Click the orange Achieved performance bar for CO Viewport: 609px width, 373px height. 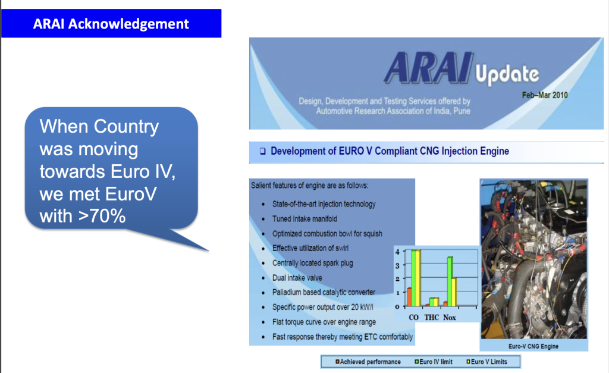coord(409,297)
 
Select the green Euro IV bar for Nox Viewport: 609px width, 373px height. coord(450,282)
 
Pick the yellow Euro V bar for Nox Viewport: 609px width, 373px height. coord(454,292)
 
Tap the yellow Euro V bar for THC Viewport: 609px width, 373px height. coord(436,302)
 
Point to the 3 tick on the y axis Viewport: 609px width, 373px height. coord(397,266)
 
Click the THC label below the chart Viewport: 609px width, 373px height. coord(432,318)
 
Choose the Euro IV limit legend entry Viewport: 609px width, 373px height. coord(434,362)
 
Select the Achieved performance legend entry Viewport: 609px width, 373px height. coord(368,362)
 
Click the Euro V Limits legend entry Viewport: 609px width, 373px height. coord(486,362)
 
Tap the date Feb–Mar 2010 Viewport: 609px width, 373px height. coord(545,95)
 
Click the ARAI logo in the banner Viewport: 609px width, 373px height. coord(429,68)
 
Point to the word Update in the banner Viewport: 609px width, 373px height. coord(507,74)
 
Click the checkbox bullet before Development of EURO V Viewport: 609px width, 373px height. coord(263,151)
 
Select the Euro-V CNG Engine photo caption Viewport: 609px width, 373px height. coord(533,346)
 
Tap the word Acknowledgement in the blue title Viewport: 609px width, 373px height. coord(128,24)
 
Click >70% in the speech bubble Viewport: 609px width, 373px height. coord(102,216)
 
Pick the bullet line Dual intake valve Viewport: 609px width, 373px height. coord(297,278)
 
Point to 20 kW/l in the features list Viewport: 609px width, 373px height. coord(362,307)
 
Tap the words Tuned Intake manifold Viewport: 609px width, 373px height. coord(304,219)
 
